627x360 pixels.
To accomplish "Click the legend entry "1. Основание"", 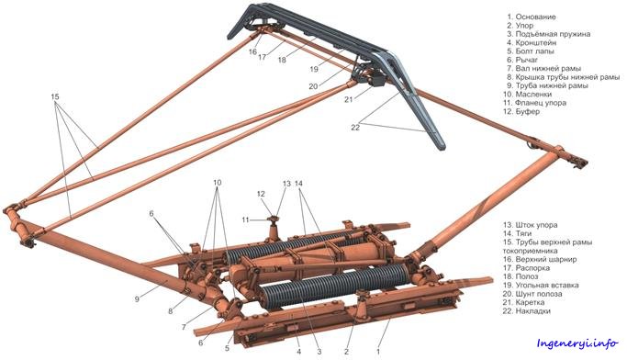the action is point(532,17).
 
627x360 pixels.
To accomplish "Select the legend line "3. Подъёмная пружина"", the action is point(549,34).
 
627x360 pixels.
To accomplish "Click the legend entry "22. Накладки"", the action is point(527,310).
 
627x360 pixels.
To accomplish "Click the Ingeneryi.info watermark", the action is point(577,343).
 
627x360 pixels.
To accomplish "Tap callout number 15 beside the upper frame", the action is point(55,96).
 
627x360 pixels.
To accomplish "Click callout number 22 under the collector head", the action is point(355,128).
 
